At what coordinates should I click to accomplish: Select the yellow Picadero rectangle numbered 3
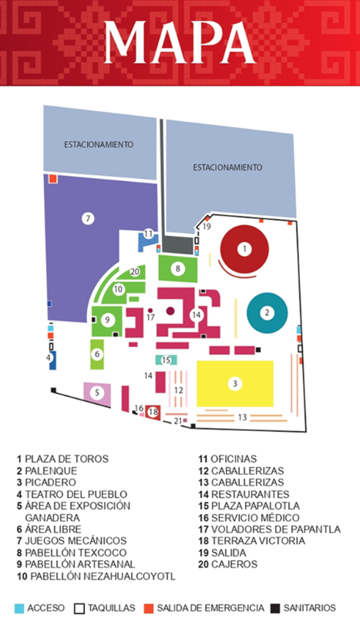235,384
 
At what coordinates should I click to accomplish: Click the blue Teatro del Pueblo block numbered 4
52,360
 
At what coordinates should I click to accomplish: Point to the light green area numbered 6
97,354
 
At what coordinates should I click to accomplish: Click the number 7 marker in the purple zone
88,218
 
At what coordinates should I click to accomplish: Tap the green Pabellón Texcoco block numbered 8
178,268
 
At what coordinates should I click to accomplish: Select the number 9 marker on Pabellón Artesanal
107,319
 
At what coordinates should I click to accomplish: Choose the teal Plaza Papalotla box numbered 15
166,360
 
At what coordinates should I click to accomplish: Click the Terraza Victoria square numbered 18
153,412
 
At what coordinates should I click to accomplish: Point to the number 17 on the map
150,318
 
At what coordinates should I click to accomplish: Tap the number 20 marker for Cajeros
135,272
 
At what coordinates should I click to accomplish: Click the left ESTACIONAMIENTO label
99,144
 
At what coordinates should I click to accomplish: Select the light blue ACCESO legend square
19,608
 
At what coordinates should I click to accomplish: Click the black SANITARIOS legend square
275,608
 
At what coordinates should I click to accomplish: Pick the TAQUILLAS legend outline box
79,608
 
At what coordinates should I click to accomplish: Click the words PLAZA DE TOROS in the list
66,459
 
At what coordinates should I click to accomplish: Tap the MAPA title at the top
180,42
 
